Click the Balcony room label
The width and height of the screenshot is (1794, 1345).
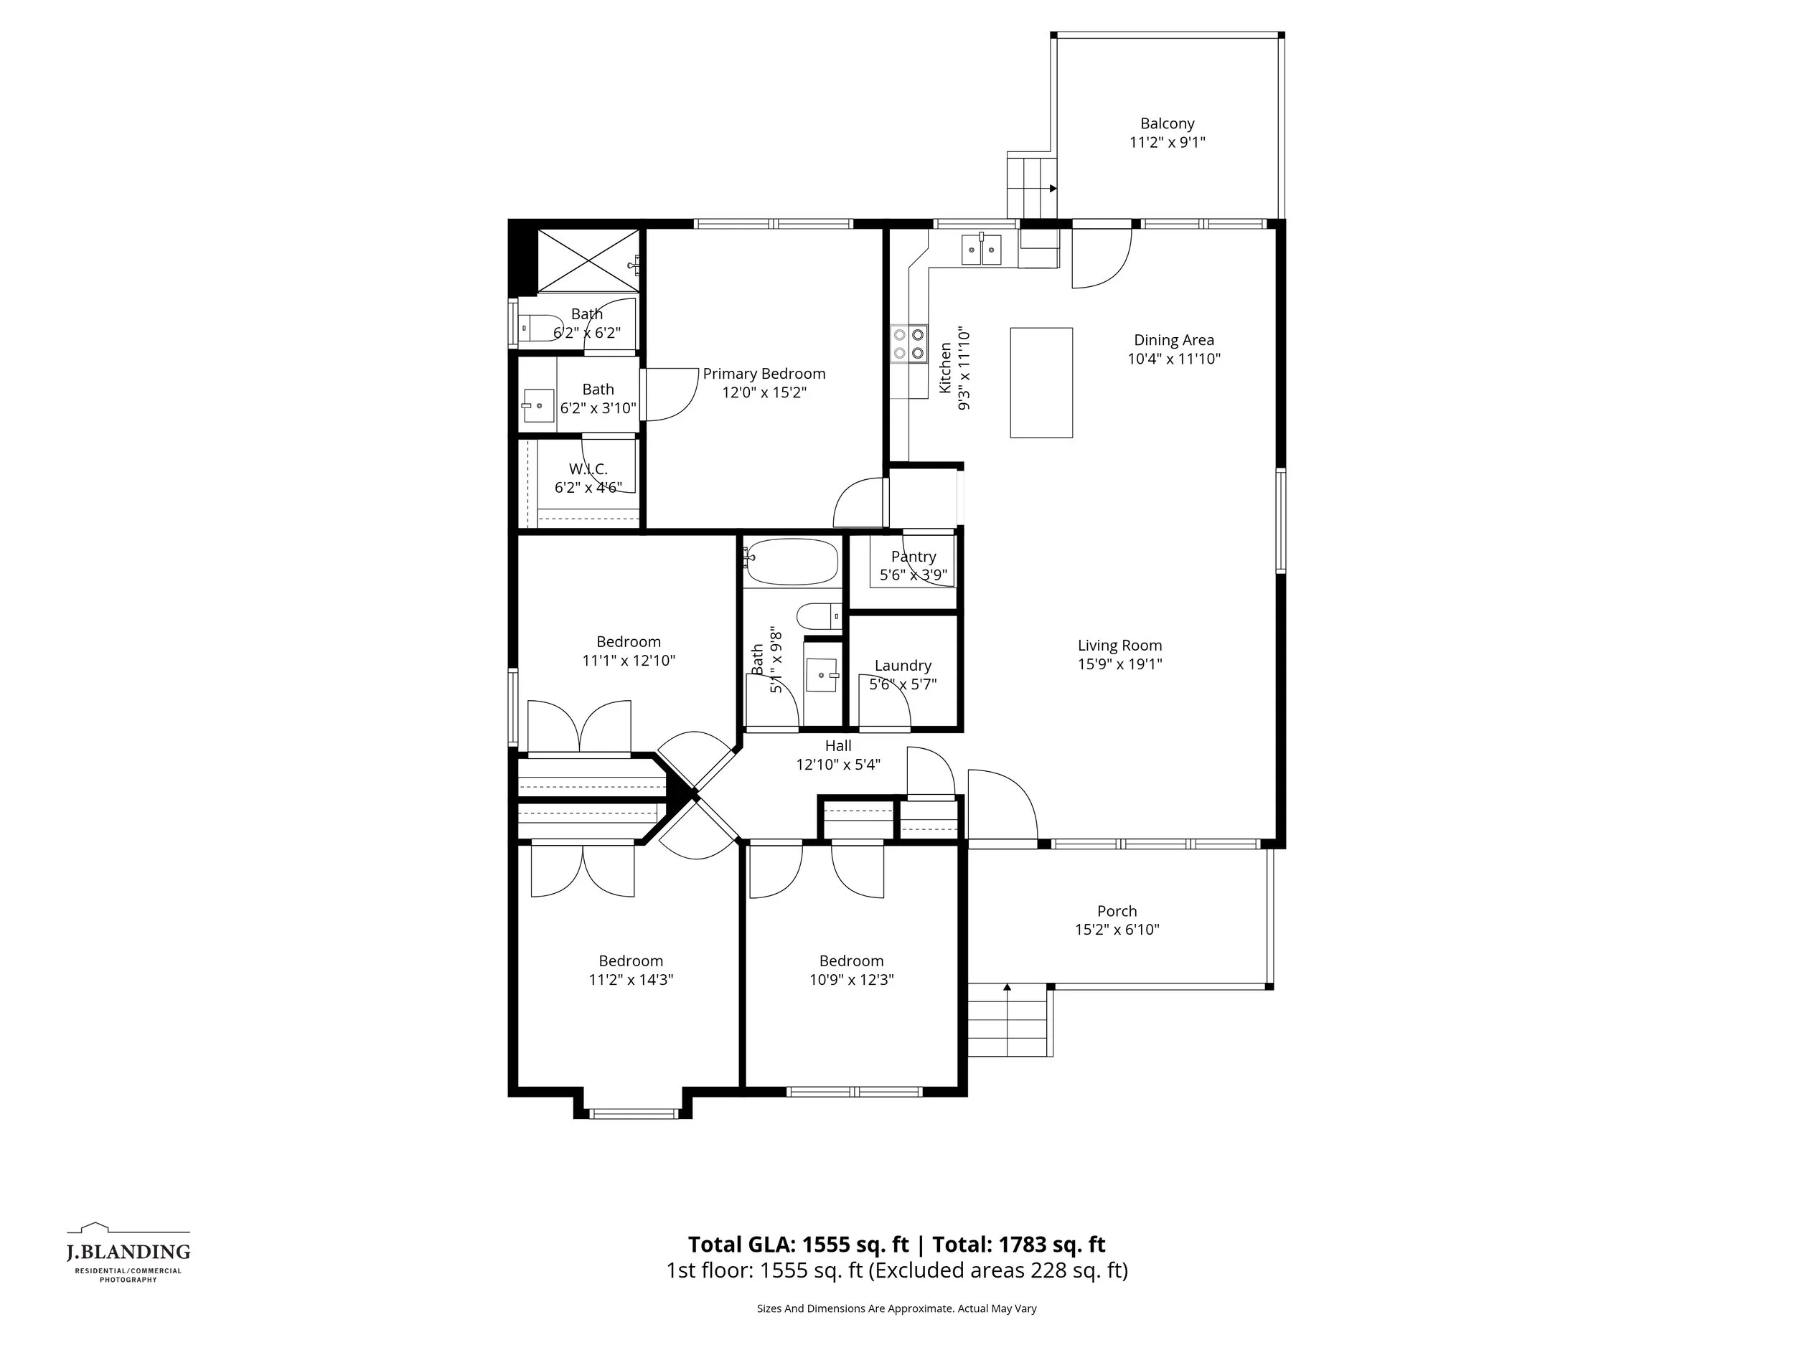click(1167, 124)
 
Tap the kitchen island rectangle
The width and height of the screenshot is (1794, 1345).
click(1041, 382)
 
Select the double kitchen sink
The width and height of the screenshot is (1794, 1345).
click(982, 249)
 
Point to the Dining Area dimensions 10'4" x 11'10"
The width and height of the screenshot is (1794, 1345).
click(1173, 359)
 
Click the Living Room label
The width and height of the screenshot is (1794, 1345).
click(1119, 646)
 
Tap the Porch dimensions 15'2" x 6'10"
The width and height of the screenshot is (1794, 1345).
click(1117, 930)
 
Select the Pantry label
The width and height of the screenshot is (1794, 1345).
click(914, 557)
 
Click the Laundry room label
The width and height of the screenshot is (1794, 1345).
click(903, 666)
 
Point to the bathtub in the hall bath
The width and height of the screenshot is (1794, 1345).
click(792, 562)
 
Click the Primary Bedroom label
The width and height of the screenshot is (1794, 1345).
click(764, 374)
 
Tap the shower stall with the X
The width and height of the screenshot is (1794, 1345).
click(587, 260)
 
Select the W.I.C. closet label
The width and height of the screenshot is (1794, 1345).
click(588, 469)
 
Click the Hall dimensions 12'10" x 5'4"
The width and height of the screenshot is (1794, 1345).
click(837, 765)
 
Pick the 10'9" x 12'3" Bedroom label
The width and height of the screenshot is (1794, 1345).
click(851, 961)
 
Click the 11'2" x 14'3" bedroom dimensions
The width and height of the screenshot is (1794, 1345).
click(631, 979)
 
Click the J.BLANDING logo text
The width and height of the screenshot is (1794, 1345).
click(128, 1252)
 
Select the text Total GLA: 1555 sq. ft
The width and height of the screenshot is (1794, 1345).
click(798, 1245)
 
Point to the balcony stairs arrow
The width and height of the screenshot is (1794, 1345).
click(1052, 189)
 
